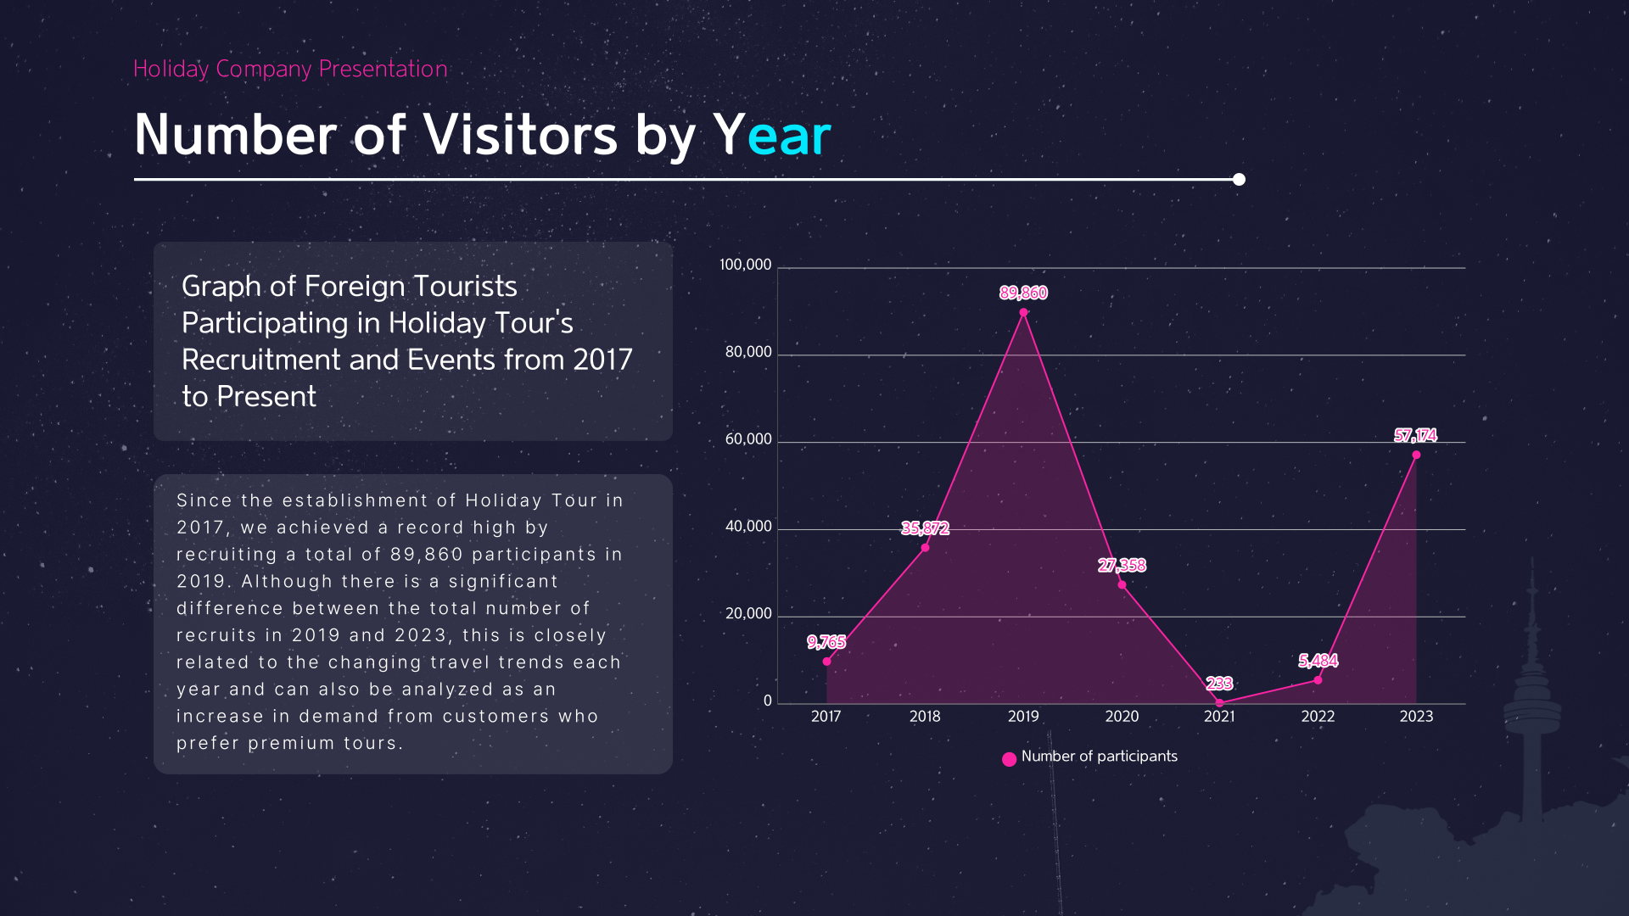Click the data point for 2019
tap(1023, 312)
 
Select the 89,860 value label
tap(1023, 293)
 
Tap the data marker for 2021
tap(1219, 702)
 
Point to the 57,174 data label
tap(1415, 435)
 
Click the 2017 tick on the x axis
tap(826, 716)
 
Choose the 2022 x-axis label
tap(1318, 716)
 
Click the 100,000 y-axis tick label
tap(745, 265)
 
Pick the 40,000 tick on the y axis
tap(748, 526)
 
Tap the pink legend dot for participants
tap(1009, 759)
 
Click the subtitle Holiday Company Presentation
tap(290, 69)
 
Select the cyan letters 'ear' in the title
tap(789, 135)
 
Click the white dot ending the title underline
tap(1239, 179)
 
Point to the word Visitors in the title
tap(520, 135)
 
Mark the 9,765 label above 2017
tap(826, 642)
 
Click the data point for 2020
tap(1122, 584)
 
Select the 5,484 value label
tap(1318, 661)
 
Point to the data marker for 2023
tap(1416, 455)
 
